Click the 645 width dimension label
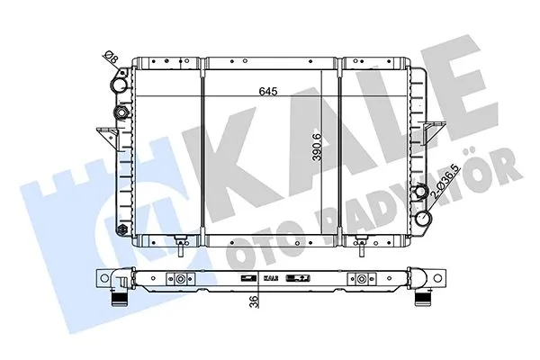268,91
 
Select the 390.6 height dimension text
317,147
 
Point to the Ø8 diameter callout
111,58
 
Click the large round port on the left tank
120,85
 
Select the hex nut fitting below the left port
121,112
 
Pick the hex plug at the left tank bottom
122,229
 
